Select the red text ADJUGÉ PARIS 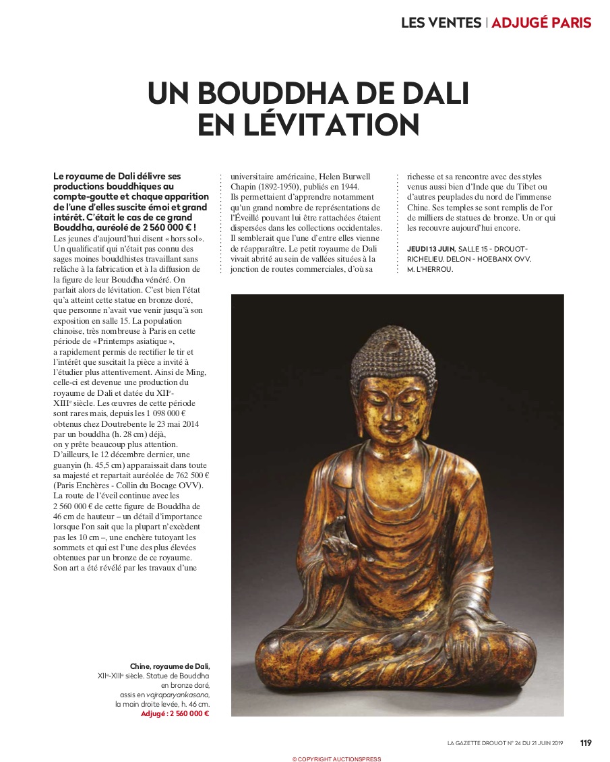coord(541,22)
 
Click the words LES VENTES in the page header coord(441,22)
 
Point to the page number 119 coord(586,742)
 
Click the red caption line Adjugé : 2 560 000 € coord(175,713)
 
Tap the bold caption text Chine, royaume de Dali coord(170,666)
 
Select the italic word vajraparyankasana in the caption coord(181,695)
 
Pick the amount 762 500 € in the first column coord(187,475)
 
